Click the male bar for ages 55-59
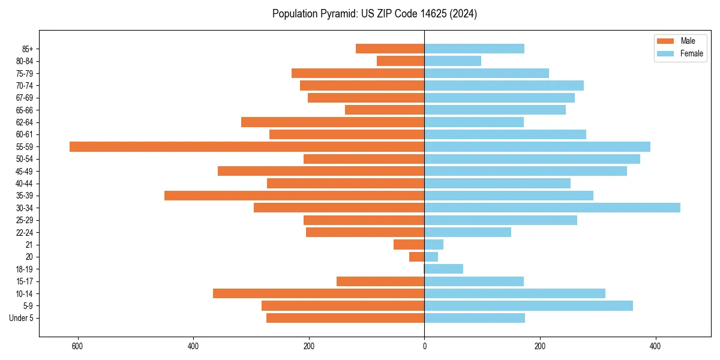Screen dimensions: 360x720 247,146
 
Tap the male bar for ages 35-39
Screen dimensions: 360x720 294,196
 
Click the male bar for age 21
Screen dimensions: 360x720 409,244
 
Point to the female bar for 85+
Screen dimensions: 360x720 474,49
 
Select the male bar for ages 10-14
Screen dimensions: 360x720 319,293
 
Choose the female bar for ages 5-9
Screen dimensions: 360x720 529,305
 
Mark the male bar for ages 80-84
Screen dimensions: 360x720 400,61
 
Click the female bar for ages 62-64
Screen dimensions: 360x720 474,122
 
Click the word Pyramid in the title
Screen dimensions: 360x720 339,14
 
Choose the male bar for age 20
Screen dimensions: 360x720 416,257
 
